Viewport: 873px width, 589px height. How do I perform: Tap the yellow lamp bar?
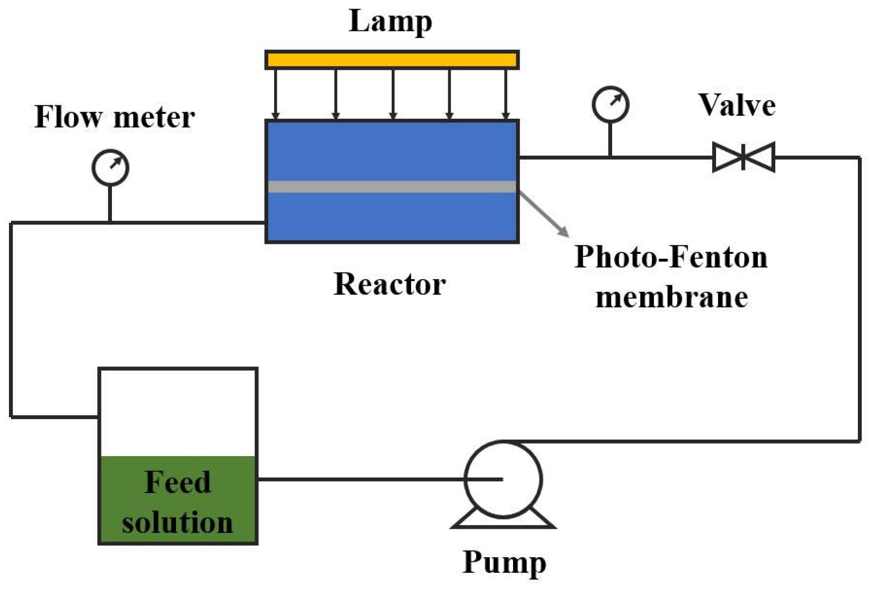pos(392,60)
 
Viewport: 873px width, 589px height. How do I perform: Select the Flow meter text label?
pos(114,117)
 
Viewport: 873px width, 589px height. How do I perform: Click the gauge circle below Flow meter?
pos(110,168)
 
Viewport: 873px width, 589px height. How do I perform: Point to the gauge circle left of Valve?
pos(610,104)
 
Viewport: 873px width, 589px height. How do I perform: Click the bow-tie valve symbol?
pos(743,157)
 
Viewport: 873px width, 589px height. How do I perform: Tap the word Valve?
pos(736,105)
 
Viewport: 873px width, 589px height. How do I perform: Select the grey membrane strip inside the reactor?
pos(392,187)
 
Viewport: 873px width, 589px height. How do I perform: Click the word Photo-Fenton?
pos(671,257)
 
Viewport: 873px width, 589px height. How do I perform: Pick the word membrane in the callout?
pos(671,298)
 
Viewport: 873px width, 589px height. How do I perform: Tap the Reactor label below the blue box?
pos(389,284)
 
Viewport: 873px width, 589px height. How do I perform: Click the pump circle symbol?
pos(503,479)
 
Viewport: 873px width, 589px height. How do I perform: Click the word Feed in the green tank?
pos(178,482)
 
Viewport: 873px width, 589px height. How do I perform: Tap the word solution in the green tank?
pos(178,522)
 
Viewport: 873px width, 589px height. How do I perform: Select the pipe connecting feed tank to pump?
pos(360,479)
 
